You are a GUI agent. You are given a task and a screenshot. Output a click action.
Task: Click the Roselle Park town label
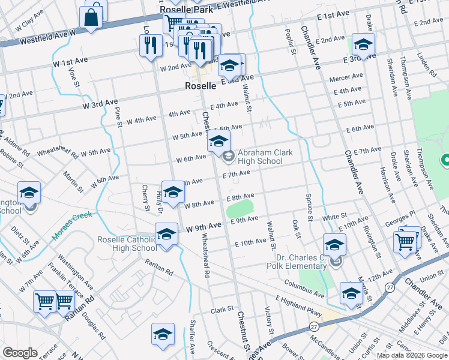click(x=182, y=10)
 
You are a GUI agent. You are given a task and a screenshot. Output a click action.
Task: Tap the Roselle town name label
click(x=200, y=86)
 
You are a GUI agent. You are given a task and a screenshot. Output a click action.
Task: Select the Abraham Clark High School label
click(x=265, y=157)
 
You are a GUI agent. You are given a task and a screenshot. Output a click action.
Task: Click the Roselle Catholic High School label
click(x=127, y=244)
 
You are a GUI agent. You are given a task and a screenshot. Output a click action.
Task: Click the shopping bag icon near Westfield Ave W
click(x=91, y=17)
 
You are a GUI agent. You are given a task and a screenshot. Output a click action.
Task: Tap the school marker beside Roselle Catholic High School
click(x=167, y=233)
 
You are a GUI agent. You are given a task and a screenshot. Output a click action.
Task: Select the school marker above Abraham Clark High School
click(x=218, y=142)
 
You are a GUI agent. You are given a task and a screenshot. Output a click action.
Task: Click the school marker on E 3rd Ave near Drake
click(x=363, y=44)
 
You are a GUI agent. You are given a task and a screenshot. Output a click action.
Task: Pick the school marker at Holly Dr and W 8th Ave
click(x=173, y=192)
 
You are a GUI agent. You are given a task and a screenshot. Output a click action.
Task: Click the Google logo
click(x=20, y=353)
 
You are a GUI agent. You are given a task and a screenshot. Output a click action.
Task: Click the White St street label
click(x=334, y=216)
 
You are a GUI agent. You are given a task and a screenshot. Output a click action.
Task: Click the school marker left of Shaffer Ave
click(x=163, y=334)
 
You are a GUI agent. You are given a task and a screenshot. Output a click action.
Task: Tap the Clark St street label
click(x=222, y=310)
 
